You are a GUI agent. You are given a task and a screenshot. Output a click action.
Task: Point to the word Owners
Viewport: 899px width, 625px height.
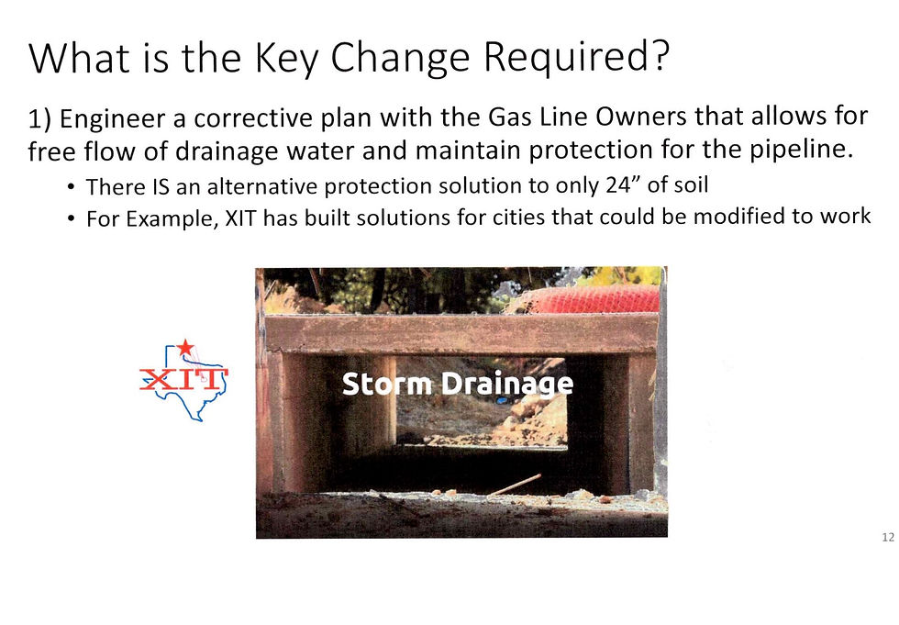640,117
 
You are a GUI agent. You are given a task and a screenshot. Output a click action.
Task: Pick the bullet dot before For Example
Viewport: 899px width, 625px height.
71,218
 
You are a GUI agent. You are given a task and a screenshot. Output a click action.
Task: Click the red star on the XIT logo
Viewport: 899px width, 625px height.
184,347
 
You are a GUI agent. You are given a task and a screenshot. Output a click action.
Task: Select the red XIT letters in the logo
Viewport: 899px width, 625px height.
183,380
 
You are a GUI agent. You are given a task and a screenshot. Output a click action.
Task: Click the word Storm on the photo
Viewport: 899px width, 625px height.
387,384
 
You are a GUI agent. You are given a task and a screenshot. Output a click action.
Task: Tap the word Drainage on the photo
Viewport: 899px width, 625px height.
508,385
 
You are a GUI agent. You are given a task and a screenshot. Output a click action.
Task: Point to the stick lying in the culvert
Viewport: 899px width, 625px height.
514,485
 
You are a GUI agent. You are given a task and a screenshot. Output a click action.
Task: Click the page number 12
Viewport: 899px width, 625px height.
888,537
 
